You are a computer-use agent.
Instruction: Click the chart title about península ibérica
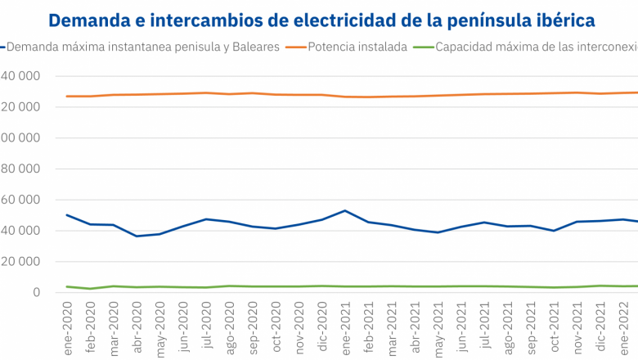321,19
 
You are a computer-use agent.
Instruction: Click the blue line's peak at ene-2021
345,210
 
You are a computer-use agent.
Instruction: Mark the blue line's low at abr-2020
137,236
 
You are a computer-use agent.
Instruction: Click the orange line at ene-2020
67,97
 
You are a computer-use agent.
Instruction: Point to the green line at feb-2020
91,289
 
